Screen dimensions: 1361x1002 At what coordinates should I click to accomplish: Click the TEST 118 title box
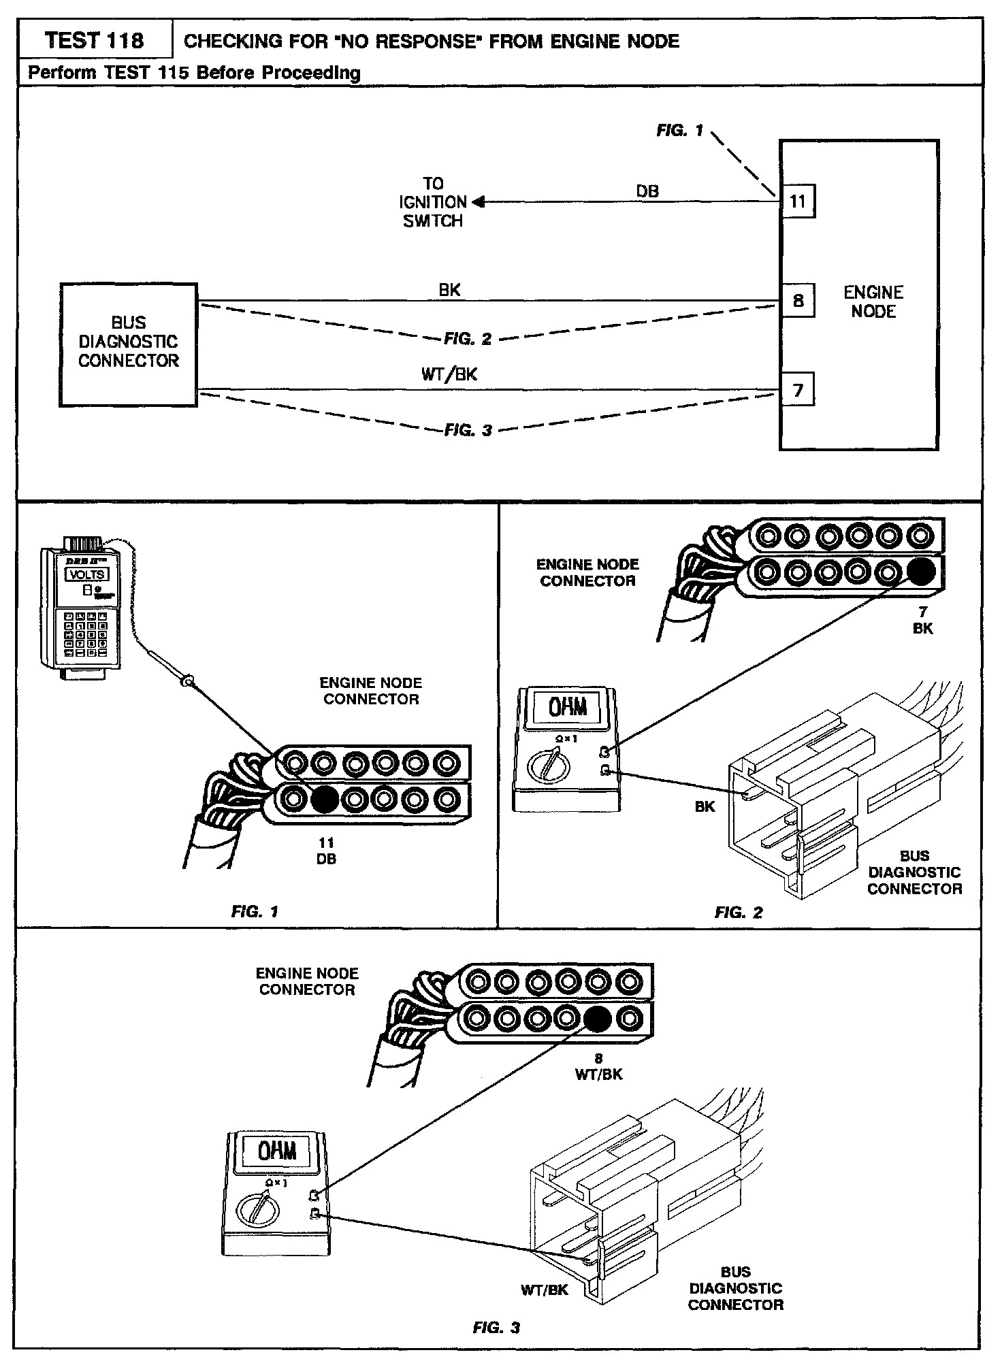click(95, 41)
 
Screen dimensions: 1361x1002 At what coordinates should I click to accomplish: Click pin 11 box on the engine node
click(797, 201)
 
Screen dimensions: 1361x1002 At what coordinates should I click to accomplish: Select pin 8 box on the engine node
click(797, 300)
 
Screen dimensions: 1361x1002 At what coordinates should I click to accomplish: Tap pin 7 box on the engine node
click(797, 390)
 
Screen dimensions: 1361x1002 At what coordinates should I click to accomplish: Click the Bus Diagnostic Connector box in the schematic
click(129, 344)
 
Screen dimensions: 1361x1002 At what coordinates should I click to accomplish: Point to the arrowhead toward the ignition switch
click(478, 201)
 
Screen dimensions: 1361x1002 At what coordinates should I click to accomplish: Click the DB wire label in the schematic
click(647, 192)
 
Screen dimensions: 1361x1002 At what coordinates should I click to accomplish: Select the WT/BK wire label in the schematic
click(449, 374)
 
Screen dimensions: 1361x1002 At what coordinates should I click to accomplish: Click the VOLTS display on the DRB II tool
click(87, 574)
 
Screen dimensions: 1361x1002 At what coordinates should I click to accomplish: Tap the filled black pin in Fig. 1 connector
click(324, 799)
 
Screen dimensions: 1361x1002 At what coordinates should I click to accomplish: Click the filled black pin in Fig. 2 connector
click(920, 572)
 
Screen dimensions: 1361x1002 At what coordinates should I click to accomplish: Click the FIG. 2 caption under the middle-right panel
click(739, 913)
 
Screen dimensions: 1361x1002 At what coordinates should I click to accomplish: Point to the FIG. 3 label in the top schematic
click(468, 430)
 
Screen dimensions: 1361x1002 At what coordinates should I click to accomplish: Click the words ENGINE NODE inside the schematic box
click(873, 301)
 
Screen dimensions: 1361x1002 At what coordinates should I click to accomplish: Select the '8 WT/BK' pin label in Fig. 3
click(598, 1067)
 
